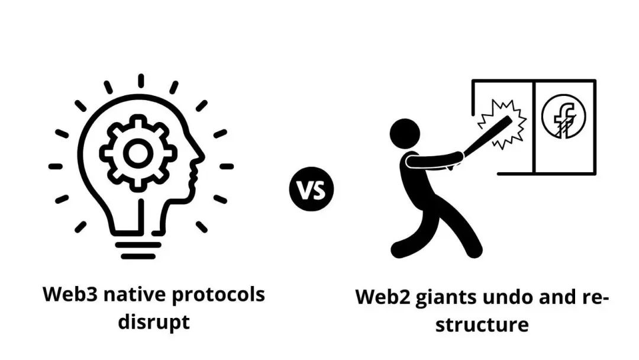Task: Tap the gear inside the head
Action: point(137,153)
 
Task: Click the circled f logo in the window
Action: point(563,117)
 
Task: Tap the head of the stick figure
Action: point(405,133)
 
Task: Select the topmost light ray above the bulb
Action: point(141,81)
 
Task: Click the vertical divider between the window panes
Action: point(534,127)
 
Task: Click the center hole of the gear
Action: point(137,153)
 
